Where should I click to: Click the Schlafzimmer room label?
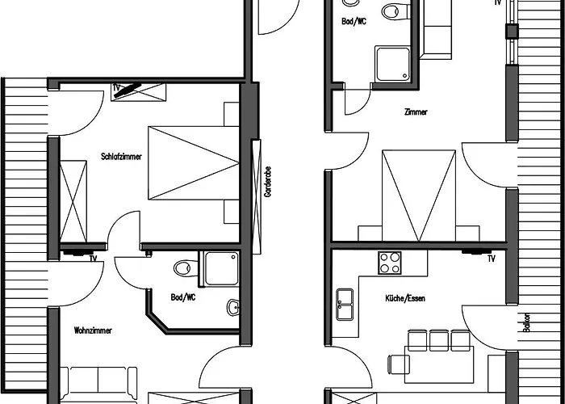121,157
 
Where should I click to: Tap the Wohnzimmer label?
93,330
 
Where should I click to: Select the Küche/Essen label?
405,298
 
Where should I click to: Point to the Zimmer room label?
416,112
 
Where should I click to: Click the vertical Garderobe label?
267,182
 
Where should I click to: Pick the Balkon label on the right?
526,322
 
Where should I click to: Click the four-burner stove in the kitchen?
390,263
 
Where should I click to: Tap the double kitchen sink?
345,304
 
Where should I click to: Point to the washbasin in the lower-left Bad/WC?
233,307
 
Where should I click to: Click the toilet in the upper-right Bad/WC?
395,11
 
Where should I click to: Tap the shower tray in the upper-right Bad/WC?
392,64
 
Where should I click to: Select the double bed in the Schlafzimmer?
194,162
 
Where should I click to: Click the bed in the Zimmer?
419,196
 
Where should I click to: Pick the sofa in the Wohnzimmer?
98,383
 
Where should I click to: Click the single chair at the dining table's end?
398,364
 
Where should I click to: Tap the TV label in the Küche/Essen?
491,259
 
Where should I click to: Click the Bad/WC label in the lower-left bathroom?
183,297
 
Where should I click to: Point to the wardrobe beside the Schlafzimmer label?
73,201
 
